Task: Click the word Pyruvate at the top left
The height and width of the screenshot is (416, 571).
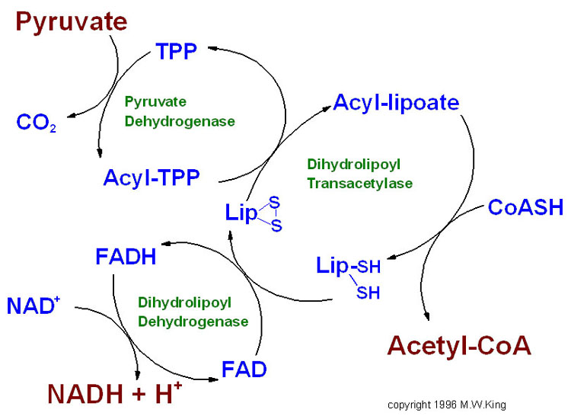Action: pyautogui.click(x=72, y=22)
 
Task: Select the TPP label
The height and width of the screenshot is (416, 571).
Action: pyautogui.click(x=177, y=53)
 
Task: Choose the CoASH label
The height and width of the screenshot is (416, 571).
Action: pyautogui.click(x=525, y=206)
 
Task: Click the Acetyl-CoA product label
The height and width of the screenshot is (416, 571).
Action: pyautogui.click(x=459, y=346)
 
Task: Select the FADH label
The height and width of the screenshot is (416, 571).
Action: pyautogui.click(x=126, y=257)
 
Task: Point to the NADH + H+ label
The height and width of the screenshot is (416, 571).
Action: pyautogui.click(x=115, y=394)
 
